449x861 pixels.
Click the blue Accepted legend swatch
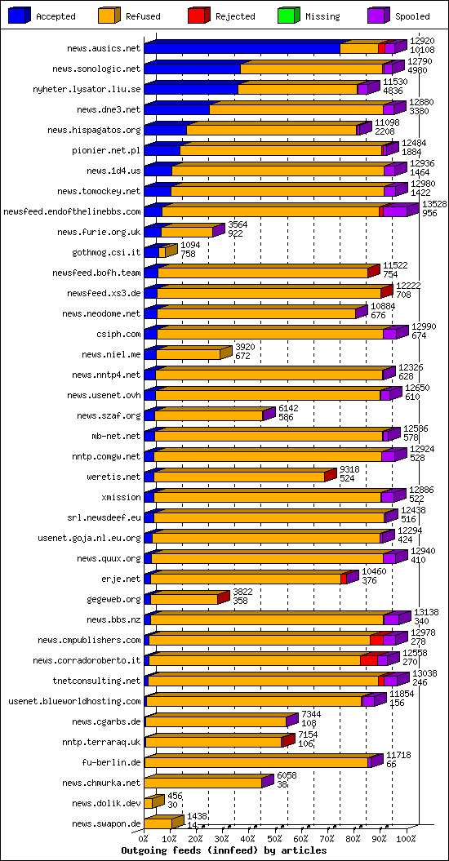tap(20, 16)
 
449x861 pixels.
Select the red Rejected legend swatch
tap(198, 16)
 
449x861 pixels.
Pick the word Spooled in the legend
tap(412, 16)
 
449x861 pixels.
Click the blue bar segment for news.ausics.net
tap(242, 48)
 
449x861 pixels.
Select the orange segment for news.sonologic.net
tap(312, 69)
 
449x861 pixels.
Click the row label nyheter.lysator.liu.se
tap(87, 89)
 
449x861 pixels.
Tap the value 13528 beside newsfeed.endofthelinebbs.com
tap(434, 204)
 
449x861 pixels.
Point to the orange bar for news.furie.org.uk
tap(187, 233)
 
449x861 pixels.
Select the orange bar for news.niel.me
tap(188, 354)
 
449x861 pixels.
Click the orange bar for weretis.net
tap(239, 477)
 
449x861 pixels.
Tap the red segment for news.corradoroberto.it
tap(369, 660)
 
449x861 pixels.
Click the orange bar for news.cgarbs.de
tap(216, 721)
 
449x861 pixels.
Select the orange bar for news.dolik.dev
tap(149, 803)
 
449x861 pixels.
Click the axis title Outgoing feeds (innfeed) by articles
tap(224, 850)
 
